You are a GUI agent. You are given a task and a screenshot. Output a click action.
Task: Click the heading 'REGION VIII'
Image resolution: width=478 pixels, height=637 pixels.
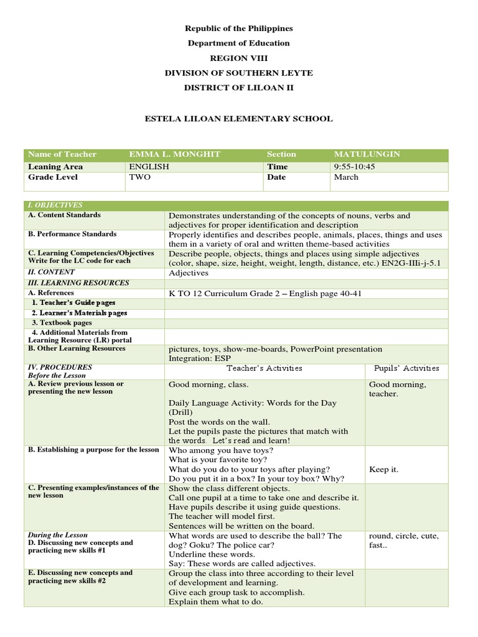coord(238,58)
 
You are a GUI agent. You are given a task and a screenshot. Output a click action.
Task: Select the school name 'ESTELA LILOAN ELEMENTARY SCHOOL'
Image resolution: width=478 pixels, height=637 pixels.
coord(238,118)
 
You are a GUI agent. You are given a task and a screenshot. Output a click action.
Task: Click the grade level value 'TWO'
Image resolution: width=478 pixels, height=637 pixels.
coord(139,177)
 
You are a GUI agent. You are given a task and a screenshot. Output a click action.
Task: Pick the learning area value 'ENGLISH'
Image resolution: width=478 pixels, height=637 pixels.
coord(149,167)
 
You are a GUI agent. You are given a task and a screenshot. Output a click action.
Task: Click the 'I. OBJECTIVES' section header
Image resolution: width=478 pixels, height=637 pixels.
coord(55,205)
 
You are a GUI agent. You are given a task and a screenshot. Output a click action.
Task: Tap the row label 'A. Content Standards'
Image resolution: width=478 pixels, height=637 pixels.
coord(64,215)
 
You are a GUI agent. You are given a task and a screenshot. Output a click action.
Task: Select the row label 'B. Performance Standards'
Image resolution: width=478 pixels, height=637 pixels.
coord(72,235)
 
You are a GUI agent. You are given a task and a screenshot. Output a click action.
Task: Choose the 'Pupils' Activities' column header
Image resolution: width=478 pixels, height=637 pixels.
coord(406,368)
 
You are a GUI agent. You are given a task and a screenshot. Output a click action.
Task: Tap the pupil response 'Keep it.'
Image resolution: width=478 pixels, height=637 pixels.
coord(383,470)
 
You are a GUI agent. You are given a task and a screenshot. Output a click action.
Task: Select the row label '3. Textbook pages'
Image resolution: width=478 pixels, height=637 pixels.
coord(62,323)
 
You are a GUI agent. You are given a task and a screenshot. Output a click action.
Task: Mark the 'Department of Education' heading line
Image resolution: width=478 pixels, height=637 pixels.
coord(238,43)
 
